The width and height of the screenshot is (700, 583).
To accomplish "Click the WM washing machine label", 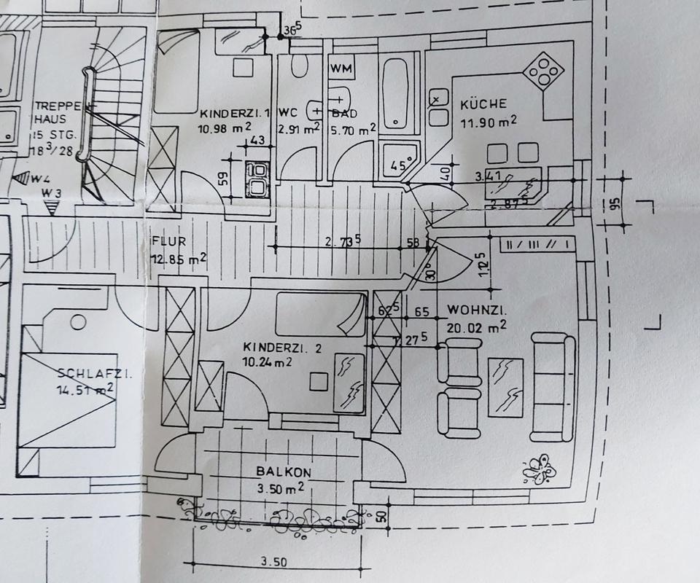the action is coord(341,69).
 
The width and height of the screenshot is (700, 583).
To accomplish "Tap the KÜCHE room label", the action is coord(483,104).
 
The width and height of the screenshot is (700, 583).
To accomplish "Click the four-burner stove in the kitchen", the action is coord(545,71).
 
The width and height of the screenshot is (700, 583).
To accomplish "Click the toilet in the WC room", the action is coord(299,67).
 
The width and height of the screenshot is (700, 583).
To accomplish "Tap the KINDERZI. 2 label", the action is coord(283,348).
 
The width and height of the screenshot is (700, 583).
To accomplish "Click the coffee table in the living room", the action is coord(505,386).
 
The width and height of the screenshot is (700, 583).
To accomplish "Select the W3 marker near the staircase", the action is coord(50,194).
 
